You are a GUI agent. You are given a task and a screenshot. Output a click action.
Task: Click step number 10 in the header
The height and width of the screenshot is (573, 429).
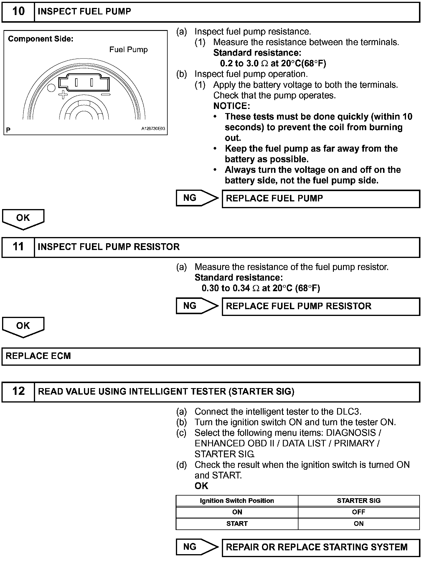(x=18, y=11)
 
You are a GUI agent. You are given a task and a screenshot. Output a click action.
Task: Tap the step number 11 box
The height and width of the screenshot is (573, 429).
(x=18, y=247)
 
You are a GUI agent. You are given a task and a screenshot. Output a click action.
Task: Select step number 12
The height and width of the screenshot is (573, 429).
(x=18, y=391)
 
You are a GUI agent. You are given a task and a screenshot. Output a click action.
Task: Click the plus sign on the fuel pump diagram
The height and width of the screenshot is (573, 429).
(x=63, y=95)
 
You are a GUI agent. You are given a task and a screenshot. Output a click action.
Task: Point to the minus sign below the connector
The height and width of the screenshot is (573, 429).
(x=105, y=95)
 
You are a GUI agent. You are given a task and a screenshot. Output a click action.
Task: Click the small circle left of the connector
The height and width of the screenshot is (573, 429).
(x=52, y=88)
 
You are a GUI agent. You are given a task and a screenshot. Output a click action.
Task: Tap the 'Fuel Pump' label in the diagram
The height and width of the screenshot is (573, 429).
(x=128, y=49)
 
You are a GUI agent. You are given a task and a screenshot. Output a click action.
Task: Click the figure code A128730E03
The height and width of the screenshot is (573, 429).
(x=153, y=129)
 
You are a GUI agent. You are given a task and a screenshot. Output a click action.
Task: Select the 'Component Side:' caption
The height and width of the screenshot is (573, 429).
(x=41, y=39)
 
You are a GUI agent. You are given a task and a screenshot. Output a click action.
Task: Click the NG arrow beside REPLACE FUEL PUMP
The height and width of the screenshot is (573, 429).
(x=197, y=198)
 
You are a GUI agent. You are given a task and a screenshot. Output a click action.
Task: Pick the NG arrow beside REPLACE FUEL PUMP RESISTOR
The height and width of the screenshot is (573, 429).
(x=197, y=306)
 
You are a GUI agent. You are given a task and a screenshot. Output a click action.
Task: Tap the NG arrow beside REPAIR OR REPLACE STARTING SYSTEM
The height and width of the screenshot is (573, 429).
(x=197, y=547)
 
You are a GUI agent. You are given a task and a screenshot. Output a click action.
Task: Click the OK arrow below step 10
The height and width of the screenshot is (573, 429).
(x=23, y=219)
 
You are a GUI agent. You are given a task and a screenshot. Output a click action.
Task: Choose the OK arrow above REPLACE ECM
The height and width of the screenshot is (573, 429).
(x=23, y=327)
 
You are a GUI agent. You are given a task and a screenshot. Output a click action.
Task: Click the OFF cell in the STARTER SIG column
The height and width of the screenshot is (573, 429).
(x=359, y=512)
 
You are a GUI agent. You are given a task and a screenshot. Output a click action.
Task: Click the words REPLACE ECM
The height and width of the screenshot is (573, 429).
(x=38, y=356)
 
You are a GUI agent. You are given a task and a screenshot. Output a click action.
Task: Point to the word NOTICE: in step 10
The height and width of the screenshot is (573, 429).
(x=232, y=106)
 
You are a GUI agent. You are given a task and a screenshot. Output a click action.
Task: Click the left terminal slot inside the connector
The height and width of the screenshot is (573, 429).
(x=76, y=82)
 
